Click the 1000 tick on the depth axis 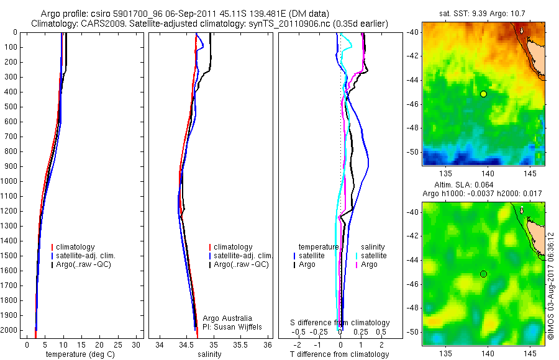point(10,181)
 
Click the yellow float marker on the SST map point(483,94)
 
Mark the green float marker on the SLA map point(483,274)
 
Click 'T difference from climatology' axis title point(339,354)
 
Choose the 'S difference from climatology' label point(340,323)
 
